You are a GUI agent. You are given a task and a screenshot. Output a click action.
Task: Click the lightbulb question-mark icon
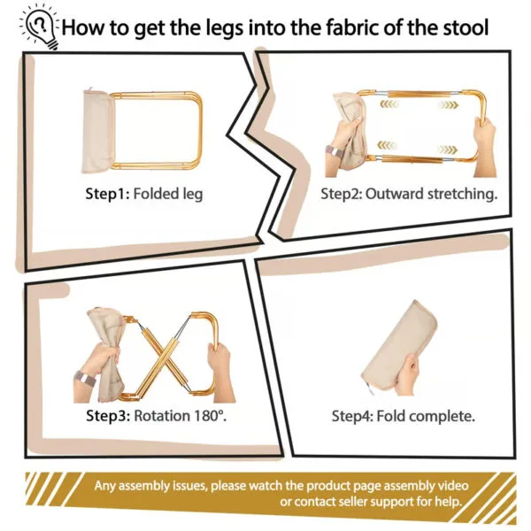(x=40, y=27)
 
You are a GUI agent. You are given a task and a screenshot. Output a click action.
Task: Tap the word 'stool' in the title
(x=466, y=27)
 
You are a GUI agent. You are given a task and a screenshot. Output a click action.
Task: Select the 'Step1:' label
(x=107, y=194)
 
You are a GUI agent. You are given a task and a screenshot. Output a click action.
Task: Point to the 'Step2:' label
(x=342, y=194)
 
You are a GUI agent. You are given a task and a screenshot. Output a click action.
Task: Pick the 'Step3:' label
(x=108, y=416)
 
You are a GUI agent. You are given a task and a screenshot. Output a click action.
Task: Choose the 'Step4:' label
(x=352, y=416)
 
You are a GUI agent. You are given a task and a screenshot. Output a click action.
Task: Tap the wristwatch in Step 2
(x=334, y=151)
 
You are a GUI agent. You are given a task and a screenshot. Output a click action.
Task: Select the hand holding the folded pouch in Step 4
(x=407, y=374)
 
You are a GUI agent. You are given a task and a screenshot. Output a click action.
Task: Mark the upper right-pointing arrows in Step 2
(x=448, y=104)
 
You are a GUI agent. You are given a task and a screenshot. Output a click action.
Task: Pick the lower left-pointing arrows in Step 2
(x=387, y=146)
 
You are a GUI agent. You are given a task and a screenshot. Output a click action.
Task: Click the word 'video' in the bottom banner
(x=453, y=486)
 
